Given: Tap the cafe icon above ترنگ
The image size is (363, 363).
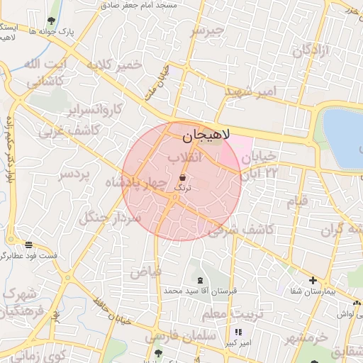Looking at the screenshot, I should click(183, 177).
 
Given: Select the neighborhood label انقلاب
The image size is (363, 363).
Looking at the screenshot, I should click(185, 157).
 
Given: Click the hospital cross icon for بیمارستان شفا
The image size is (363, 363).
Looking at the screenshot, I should click(313, 280).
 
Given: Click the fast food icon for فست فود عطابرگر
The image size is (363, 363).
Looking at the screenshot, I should click(28, 245).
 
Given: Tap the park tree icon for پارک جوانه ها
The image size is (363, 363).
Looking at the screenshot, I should click(51, 21).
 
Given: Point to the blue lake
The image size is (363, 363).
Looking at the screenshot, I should click(345, 138).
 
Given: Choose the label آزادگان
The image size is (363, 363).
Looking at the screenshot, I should click(312, 50).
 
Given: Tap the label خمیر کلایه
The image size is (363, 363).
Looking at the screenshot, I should click(115, 65).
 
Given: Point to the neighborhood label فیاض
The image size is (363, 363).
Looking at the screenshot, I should click(145, 272).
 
